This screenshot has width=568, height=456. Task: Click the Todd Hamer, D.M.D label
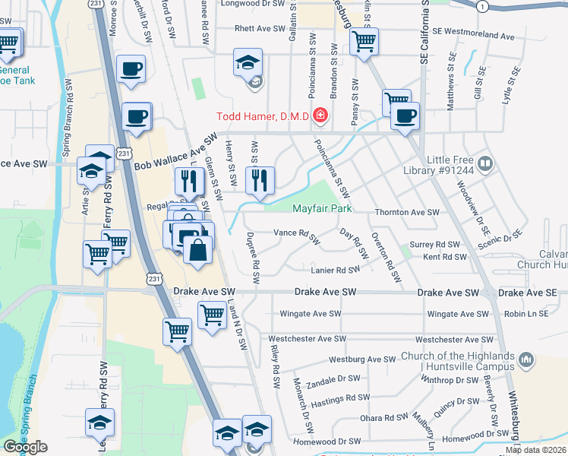263,116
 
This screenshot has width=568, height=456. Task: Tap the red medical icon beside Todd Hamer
320,116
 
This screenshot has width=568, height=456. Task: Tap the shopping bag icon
197,249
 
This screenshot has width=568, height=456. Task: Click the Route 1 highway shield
482,5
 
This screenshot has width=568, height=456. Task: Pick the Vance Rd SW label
297,233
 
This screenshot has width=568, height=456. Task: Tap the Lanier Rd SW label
334,270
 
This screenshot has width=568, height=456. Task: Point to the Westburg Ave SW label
362,359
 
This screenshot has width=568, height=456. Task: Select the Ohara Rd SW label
384,417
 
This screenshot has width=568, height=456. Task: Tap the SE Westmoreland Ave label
472,36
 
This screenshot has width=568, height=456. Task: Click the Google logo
25,447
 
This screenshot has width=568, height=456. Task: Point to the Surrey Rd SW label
435,245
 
